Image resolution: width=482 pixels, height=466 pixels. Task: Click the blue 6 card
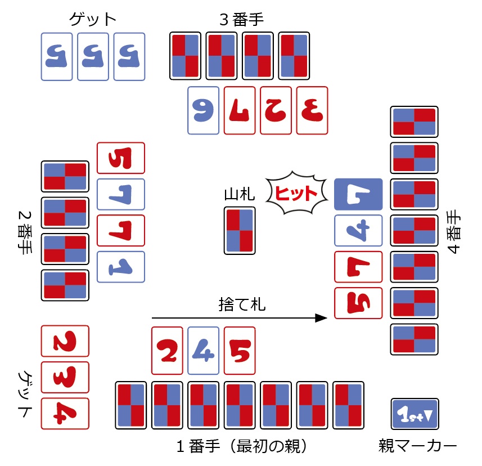[203, 110]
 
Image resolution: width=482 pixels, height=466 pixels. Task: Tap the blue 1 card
[121, 267]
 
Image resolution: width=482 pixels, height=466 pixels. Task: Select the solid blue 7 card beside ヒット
[358, 194]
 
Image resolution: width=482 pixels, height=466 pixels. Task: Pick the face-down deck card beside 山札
[240, 230]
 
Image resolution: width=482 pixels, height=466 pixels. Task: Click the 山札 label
[239, 195]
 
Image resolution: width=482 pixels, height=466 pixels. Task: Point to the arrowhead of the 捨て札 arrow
[322, 318]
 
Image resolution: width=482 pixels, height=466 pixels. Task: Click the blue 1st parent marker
[415, 414]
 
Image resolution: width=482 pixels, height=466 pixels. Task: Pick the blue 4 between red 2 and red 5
[203, 351]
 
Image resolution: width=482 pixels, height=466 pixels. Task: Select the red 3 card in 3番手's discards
[312, 110]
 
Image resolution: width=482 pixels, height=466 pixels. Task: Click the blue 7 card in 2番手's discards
[121, 194]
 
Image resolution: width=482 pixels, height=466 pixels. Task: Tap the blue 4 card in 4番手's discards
[358, 230]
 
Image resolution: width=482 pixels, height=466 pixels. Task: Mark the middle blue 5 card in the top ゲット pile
[93, 56]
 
